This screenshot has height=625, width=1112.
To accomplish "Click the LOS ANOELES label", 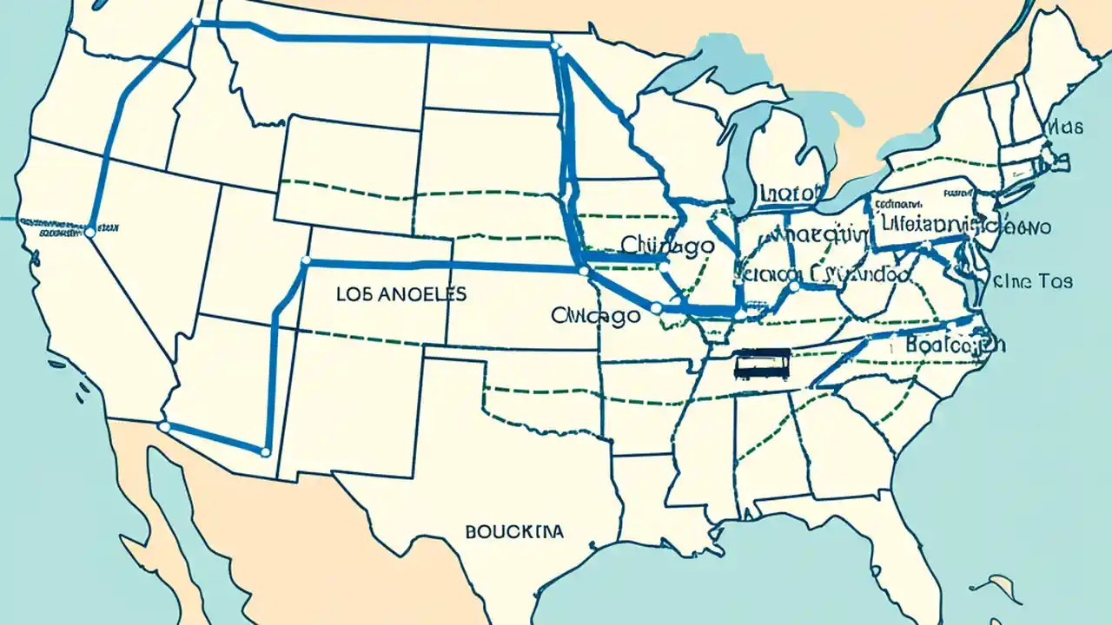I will click(400, 294).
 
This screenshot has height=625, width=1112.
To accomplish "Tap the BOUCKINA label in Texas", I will click(513, 530).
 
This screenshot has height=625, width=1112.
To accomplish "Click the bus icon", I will click(762, 365).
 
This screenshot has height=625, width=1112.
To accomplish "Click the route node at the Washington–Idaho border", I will click(195, 22).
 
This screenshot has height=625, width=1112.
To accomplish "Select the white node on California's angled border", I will click(89, 232).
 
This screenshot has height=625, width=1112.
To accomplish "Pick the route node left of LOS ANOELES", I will click(305, 261).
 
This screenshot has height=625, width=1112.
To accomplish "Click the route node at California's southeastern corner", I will click(164, 426).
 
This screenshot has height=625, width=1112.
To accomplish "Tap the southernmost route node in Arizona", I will click(265, 451).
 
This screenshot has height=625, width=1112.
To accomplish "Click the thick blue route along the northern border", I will click(374, 39).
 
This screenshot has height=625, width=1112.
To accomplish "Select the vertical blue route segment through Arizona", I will click(272, 382).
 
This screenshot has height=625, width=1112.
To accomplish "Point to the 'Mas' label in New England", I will click(1064, 128).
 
